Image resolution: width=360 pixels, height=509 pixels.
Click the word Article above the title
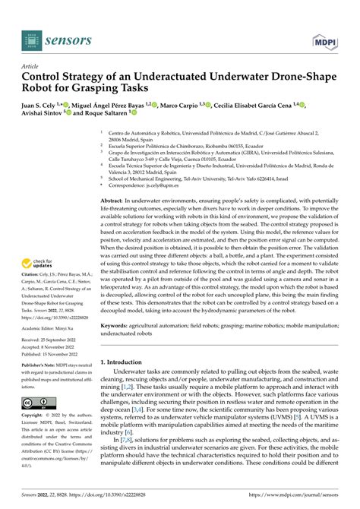pos(33,66)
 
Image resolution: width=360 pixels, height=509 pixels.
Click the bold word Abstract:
pos(116,200)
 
